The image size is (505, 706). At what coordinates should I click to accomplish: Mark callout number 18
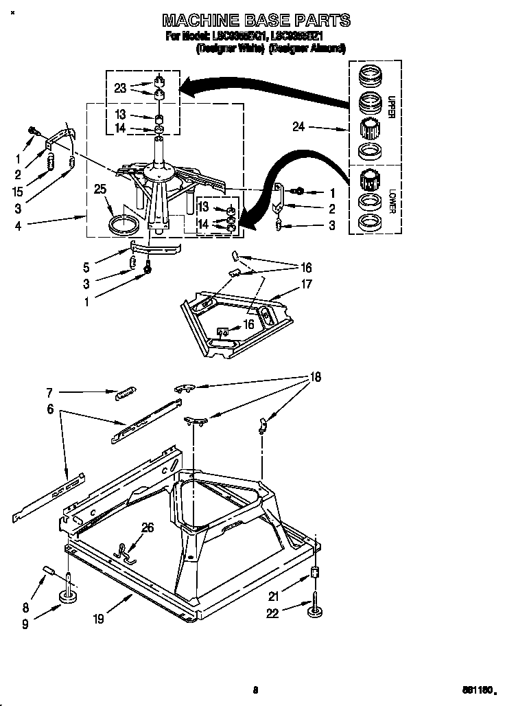click(315, 376)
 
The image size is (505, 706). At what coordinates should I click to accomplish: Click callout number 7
click(49, 394)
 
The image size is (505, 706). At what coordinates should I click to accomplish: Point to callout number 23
click(121, 88)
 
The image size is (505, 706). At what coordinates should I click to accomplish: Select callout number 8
click(26, 606)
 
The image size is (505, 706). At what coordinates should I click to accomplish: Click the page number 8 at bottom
click(254, 688)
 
